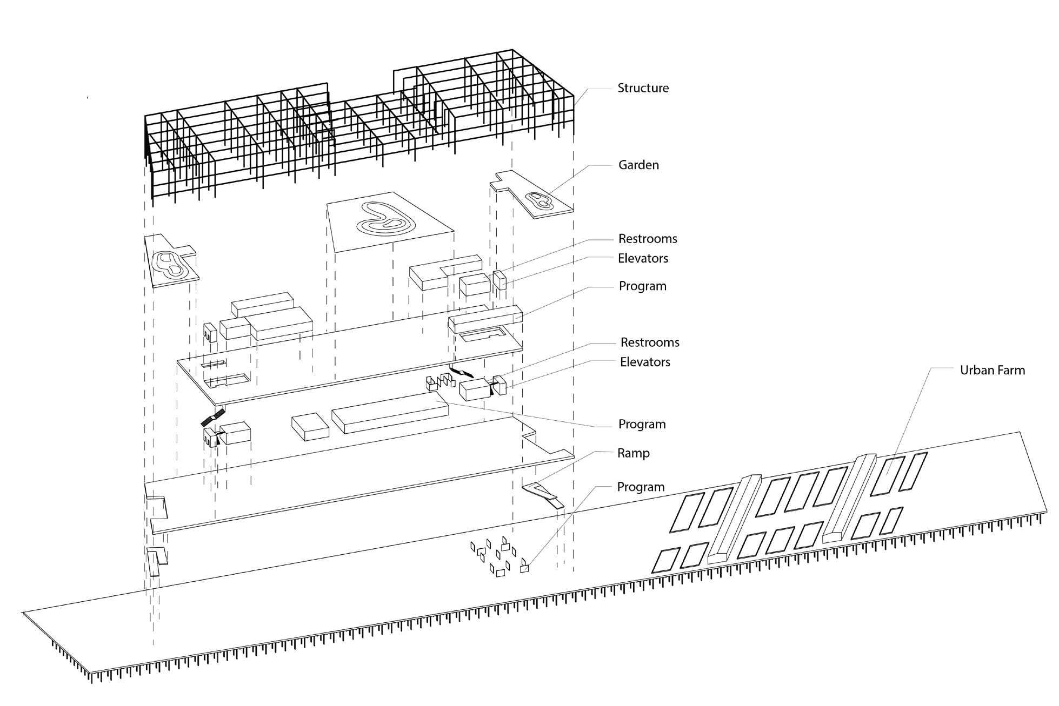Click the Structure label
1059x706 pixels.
[x=643, y=88]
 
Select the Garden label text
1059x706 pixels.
[x=638, y=165]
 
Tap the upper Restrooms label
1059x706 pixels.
[x=648, y=239]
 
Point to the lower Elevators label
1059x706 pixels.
[x=645, y=362]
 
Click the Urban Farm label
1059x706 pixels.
[x=992, y=370]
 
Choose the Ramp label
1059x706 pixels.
[x=633, y=453]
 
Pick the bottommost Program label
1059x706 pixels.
[x=641, y=487]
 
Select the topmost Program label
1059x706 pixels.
[x=642, y=286]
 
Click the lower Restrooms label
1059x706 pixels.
[x=650, y=342]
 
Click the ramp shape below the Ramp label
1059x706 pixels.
[x=542, y=492]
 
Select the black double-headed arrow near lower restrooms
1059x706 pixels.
[x=462, y=373]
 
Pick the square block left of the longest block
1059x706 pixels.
[x=310, y=426]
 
